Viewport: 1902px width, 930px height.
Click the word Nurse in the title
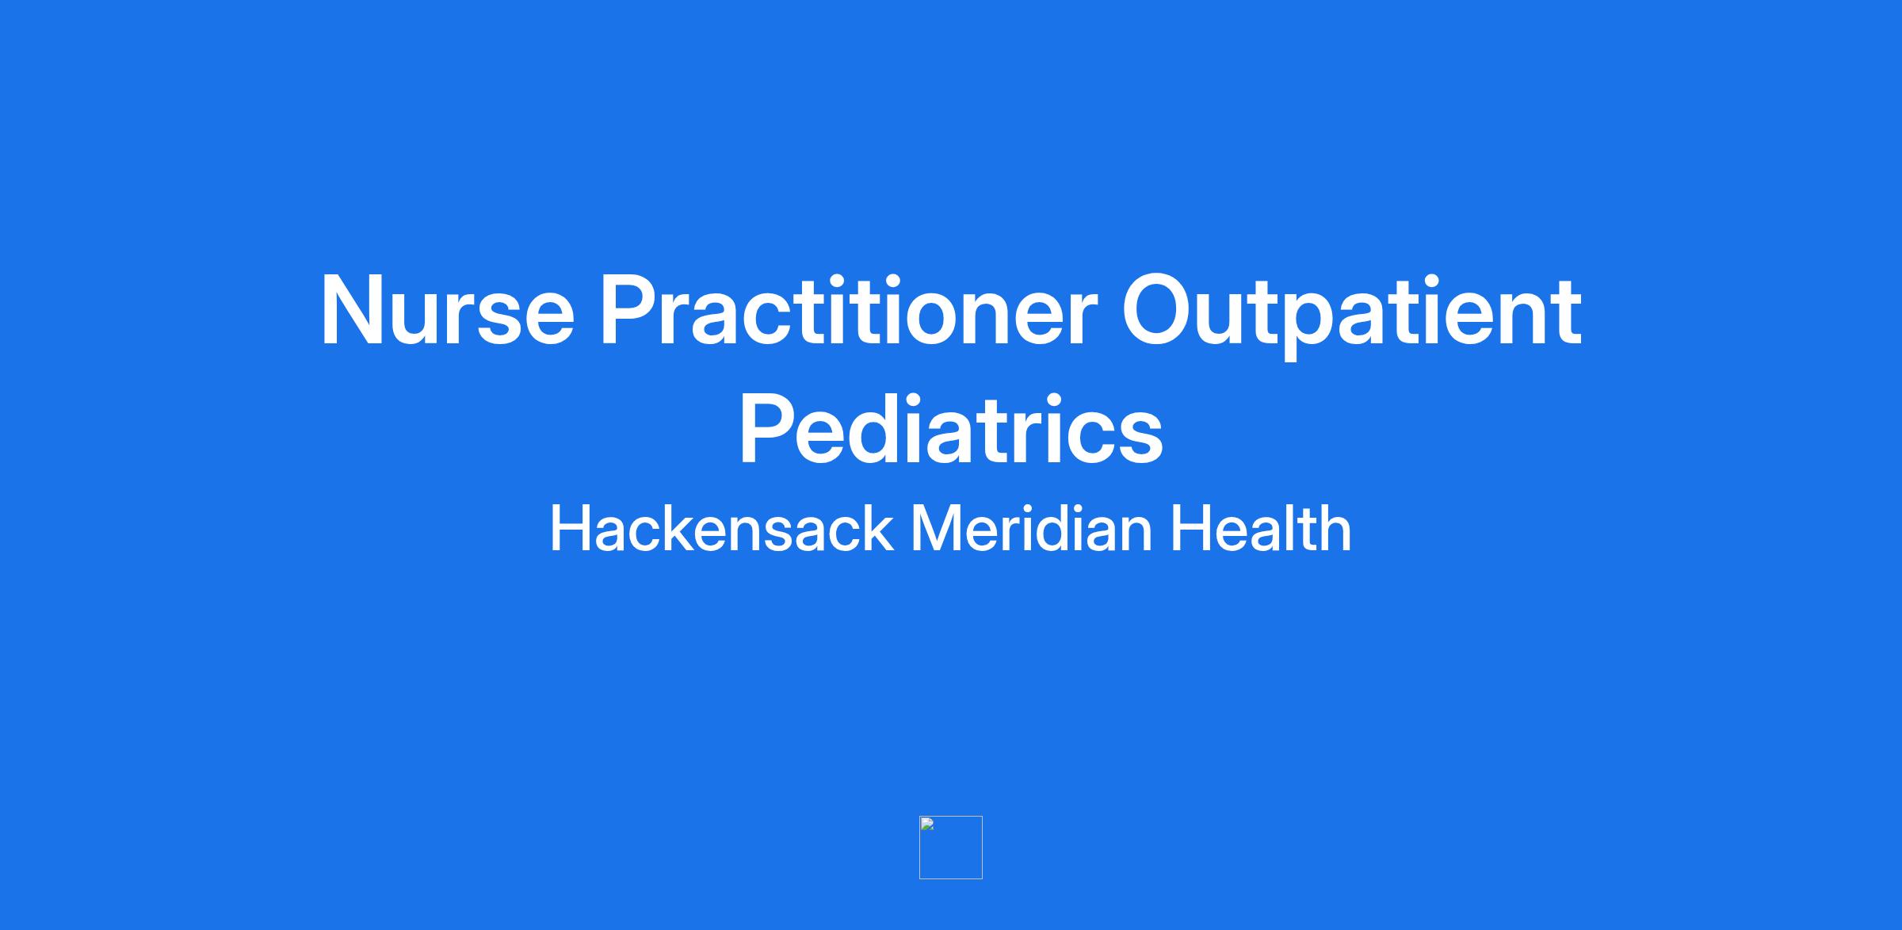(447, 310)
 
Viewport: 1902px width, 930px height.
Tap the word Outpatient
(1352, 315)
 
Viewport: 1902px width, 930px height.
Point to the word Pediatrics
(951, 428)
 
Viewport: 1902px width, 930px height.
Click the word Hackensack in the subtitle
(721, 529)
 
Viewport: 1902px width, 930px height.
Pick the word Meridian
(1031, 529)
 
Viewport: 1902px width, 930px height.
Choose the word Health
(1261, 529)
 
